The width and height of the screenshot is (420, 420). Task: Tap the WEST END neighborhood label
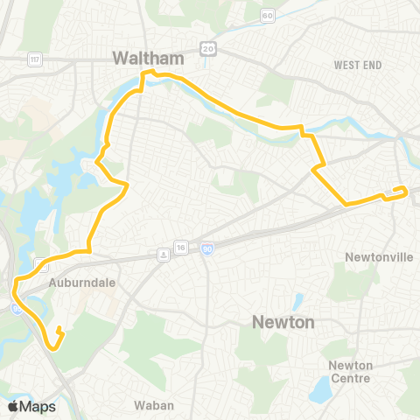[359, 65]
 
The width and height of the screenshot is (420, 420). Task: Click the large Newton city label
[283, 322]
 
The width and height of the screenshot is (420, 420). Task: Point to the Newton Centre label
[350, 371]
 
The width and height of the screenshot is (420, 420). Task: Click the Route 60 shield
[268, 15]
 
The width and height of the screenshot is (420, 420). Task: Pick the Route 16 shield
[180, 248]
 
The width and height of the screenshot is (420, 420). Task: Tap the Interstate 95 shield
[18, 307]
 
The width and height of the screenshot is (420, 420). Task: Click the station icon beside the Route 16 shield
[164, 255]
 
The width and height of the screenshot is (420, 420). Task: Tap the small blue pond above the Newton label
[297, 303]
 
